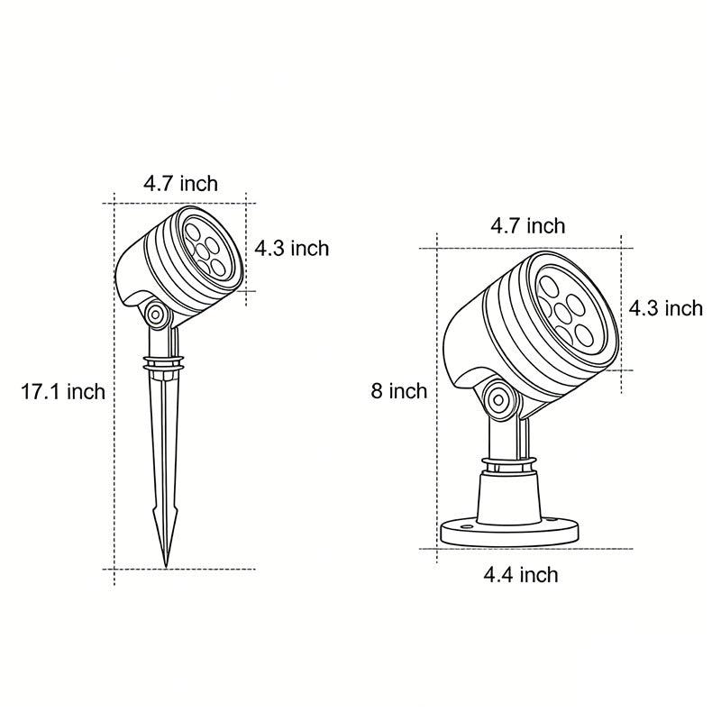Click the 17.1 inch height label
tap(63, 391)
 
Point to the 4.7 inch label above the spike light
tap(180, 184)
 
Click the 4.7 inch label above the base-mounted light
tap(527, 225)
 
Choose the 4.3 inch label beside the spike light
tap(291, 248)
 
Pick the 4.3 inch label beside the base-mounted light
tap(665, 308)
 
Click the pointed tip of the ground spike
tap(166, 564)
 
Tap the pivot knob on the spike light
tap(157, 315)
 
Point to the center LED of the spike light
tap(206, 243)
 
